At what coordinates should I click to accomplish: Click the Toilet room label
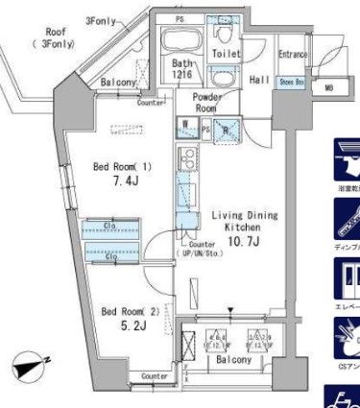227,55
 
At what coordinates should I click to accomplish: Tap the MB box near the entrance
329,88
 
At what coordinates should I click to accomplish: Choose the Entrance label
293,55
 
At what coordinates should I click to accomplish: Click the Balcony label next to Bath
121,84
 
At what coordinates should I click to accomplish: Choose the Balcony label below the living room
232,360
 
